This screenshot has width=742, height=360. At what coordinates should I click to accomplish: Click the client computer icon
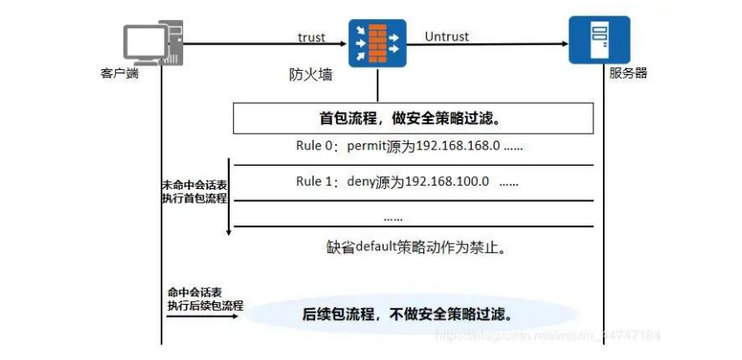(x=152, y=44)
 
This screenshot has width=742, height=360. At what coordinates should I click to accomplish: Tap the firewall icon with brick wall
(x=377, y=42)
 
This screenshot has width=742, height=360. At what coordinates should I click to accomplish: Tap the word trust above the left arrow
(x=310, y=37)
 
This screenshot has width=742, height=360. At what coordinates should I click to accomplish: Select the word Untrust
(x=447, y=37)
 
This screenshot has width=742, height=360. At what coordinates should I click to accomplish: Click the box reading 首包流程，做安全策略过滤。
(x=413, y=117)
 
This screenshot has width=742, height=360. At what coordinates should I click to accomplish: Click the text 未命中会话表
(x=192, y=186)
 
